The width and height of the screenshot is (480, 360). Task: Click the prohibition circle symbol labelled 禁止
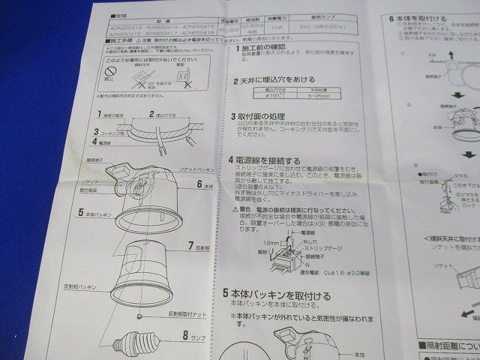[x=109, y=74]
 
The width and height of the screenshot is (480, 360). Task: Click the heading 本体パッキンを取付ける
[x=283, y=295]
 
